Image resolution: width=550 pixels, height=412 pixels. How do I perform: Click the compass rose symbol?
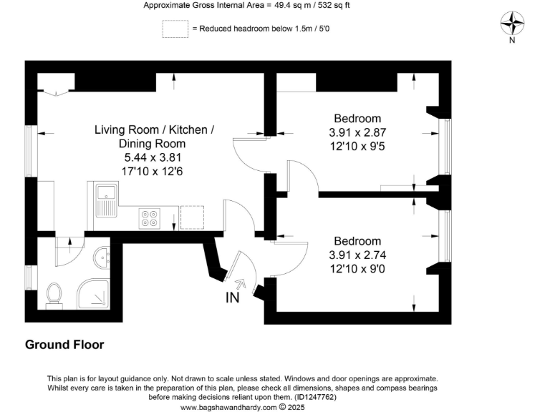[x=511, y=24]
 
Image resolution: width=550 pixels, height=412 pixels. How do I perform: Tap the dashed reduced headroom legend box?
[x=174, y=29]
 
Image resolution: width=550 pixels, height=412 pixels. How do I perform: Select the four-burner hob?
[x=150, y=218]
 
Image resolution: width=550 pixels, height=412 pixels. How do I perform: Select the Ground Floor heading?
[x=64, y=345]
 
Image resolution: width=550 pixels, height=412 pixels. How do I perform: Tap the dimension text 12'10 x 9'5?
[x=357, y=146]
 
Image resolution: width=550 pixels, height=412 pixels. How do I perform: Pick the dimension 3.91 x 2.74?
[x=357, y=255]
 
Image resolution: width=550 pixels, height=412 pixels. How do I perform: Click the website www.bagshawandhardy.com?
[x=228, y=407]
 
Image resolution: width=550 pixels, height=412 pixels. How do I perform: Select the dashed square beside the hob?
[x=192, y=218]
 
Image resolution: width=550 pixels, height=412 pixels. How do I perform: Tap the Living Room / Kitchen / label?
[x=154, y=129]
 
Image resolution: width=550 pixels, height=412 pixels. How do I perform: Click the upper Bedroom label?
[x=357, y=119]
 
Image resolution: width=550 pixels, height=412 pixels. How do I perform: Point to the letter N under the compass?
[x=511, y=41]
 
